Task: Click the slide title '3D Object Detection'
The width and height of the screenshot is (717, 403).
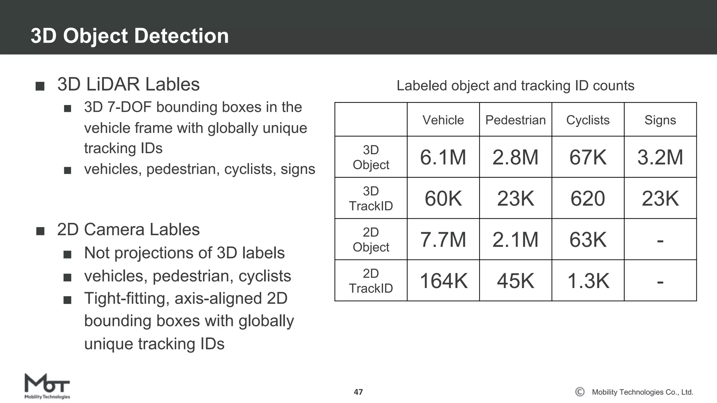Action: tap(130, 36)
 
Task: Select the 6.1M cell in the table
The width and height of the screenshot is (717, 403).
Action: tap(443, 157)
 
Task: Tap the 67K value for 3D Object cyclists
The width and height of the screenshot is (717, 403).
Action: tap(588, 157)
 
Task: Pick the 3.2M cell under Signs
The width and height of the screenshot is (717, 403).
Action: tap(660, 157)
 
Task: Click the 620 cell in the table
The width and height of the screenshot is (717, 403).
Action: tap(588, 198)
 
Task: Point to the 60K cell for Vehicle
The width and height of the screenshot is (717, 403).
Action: tap(443, 198)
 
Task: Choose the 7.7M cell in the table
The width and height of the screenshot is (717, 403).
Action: tap(443, 240)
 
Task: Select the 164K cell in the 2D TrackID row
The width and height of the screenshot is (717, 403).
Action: tap(443, 281)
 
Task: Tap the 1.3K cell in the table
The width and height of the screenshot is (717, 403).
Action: tap(588, 281)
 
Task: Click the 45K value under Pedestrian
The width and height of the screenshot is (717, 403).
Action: tap(515, 281)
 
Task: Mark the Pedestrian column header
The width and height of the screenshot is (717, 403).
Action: tap(515, 120)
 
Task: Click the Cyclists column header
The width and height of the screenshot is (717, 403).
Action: tap(588, 120)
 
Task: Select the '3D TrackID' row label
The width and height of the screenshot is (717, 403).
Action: tap(371, 198)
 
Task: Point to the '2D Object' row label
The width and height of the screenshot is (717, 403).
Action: tap(371, 240)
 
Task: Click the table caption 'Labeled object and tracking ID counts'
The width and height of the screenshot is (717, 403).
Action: tap(515, 86)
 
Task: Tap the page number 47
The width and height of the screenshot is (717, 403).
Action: tap(358, 392)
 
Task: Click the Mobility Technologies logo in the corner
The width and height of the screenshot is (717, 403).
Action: tap(47, 386)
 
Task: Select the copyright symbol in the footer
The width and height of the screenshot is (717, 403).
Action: tap(580, 392)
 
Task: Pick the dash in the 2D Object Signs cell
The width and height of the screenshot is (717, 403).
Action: tap(660, 241)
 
